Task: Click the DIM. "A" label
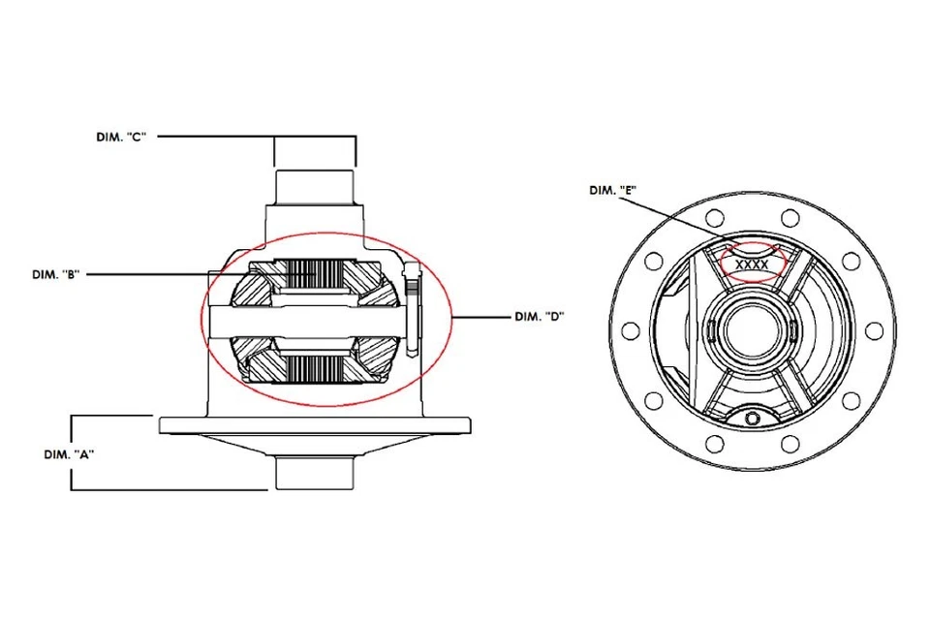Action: (x=69, y=452)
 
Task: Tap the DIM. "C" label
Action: (x=119, y=138)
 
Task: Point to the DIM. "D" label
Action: (x=539, y=316)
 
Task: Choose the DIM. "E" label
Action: (x=612, y=191)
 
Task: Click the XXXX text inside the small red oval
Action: (x=752, y=264)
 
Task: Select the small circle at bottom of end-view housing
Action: (x=753, y=419)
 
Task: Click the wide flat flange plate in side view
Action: (x=315, y=424)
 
